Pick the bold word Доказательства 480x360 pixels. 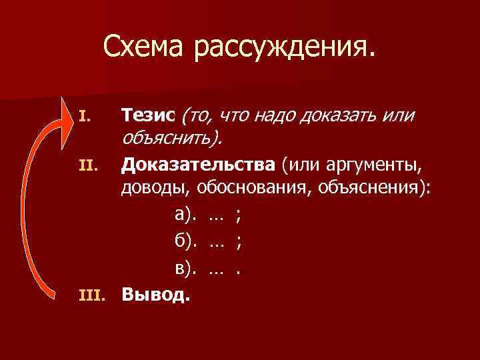click(x=187, y=161)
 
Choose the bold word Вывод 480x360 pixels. click(x=155, y=294)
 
